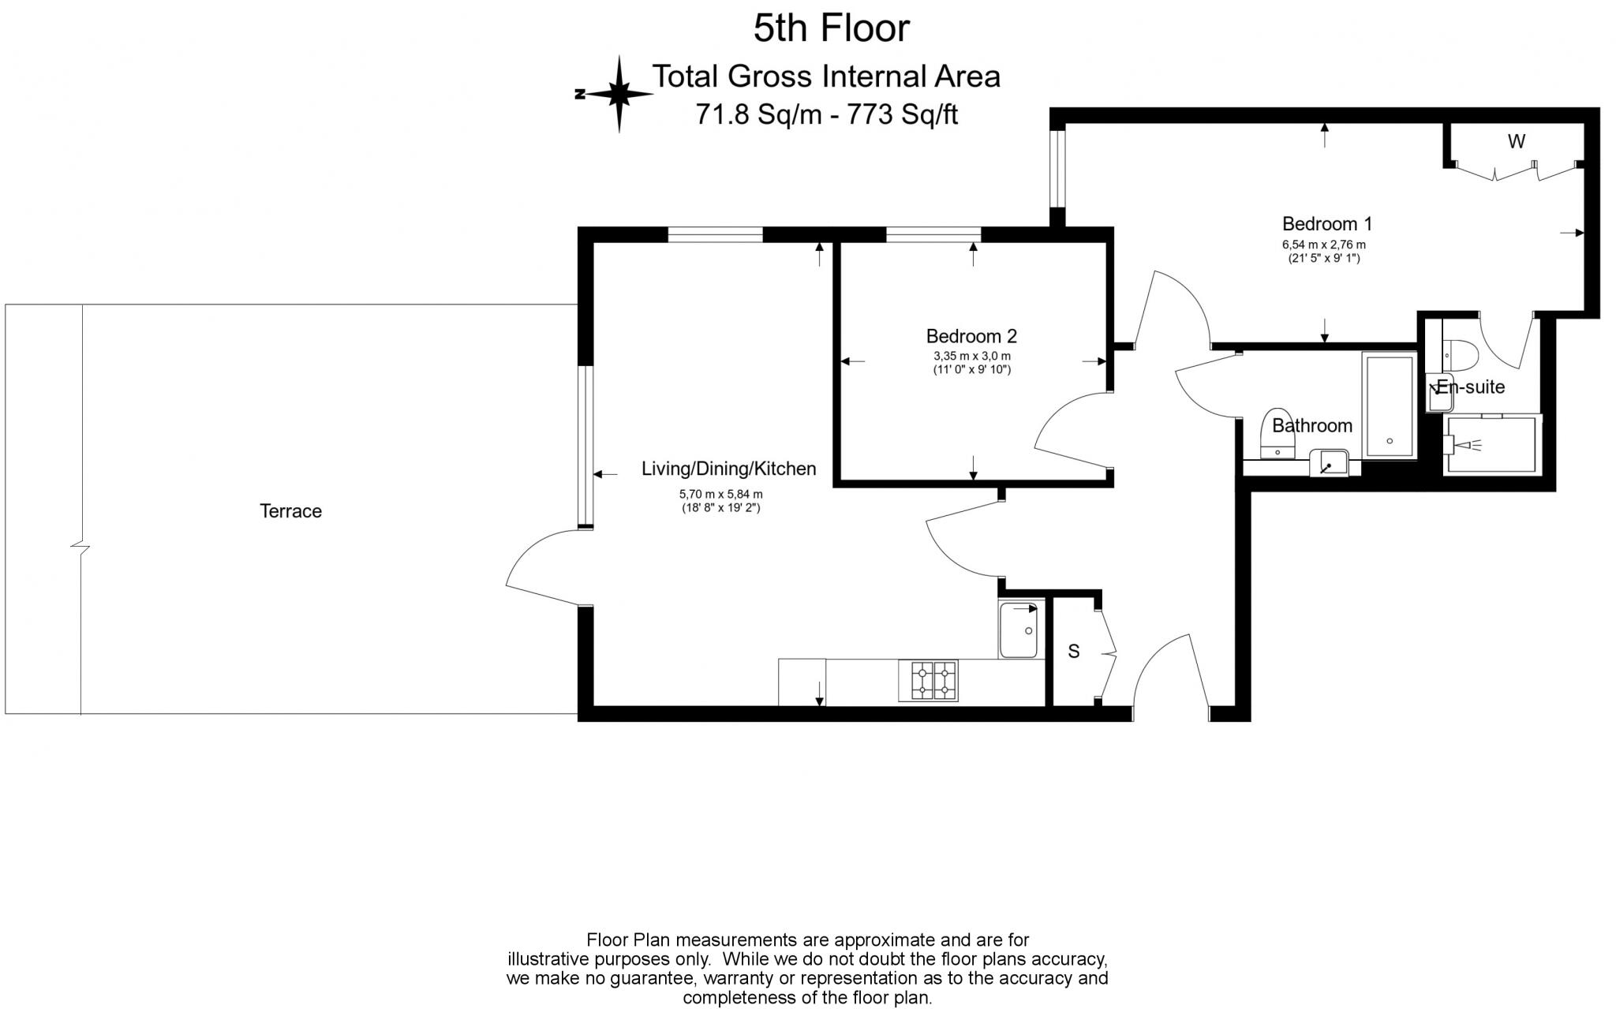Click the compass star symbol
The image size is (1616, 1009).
619,94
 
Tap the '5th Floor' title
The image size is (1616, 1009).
831,28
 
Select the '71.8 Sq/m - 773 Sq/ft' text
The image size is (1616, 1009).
826,115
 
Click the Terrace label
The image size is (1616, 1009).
290,511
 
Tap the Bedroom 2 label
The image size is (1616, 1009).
971,336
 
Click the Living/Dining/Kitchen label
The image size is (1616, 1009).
728,469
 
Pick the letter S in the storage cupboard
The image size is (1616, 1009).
1073,652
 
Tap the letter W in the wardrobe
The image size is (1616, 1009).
1516,142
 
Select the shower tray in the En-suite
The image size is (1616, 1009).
1491,446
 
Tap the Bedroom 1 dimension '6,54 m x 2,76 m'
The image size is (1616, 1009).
1323,245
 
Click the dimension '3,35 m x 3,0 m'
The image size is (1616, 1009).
971,357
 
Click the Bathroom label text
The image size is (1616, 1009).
1311,426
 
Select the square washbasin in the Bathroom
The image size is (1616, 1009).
1330,462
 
